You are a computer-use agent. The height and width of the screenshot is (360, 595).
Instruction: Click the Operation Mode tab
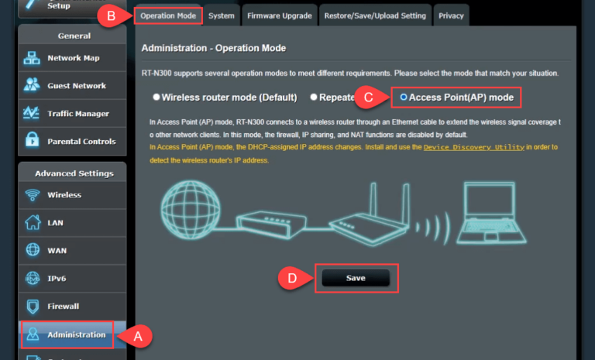168,15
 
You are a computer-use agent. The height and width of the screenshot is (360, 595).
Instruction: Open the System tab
222,15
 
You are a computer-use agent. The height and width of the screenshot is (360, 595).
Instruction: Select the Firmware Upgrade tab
279,15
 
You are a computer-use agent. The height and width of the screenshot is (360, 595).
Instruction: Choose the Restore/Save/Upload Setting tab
375,15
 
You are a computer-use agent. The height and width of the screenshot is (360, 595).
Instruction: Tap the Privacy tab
451,15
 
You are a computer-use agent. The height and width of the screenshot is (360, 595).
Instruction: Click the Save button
356,278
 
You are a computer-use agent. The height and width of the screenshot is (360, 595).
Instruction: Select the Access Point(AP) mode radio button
404,97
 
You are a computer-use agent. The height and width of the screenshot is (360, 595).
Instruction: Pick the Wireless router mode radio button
156,97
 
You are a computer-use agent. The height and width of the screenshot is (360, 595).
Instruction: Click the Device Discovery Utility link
474,147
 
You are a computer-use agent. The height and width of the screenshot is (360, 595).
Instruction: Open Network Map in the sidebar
72,58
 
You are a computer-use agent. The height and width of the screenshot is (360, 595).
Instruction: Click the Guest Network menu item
72,86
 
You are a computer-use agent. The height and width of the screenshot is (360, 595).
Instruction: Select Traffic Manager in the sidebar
72,114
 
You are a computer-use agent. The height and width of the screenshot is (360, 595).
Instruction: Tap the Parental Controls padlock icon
32,139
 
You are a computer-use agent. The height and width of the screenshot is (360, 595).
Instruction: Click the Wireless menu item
72,195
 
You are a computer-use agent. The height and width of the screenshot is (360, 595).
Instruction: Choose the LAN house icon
33,222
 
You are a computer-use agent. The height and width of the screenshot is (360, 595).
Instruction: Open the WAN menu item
72,250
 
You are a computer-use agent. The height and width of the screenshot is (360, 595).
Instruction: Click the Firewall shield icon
33,306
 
